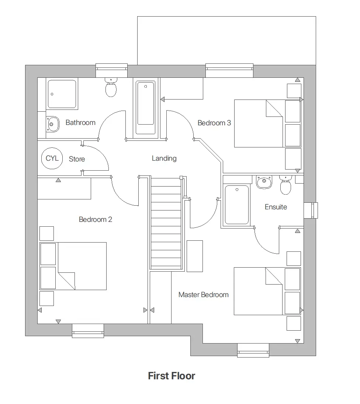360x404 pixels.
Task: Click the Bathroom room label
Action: (x=80, y=122)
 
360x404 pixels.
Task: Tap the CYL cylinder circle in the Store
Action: (x=52, y=159)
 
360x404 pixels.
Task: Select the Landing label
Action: (x=164, y=158)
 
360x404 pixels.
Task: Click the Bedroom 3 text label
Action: (x=214, y=123)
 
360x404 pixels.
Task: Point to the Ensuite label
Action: (x=276, y=207)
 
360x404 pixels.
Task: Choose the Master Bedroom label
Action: (x=203, y=295)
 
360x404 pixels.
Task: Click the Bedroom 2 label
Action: (x=95, y=219)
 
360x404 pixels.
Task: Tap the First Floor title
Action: (x=172, y=376)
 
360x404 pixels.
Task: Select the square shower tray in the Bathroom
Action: (x=62, y=94)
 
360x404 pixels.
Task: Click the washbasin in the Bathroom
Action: (x=52, y=124)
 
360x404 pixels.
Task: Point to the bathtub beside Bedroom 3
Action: (x=146, y=108)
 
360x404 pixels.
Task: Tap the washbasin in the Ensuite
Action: (x=264, y=182)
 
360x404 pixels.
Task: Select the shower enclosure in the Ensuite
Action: (x=237, y=205)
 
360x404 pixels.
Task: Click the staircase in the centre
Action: (x=166, y=223)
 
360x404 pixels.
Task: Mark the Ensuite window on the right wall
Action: (x=314, y=210)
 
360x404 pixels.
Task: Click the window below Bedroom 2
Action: (x=88, y=331)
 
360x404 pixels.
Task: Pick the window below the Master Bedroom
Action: (x=253, y=350)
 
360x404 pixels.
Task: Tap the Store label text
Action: (x=77, y=159)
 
